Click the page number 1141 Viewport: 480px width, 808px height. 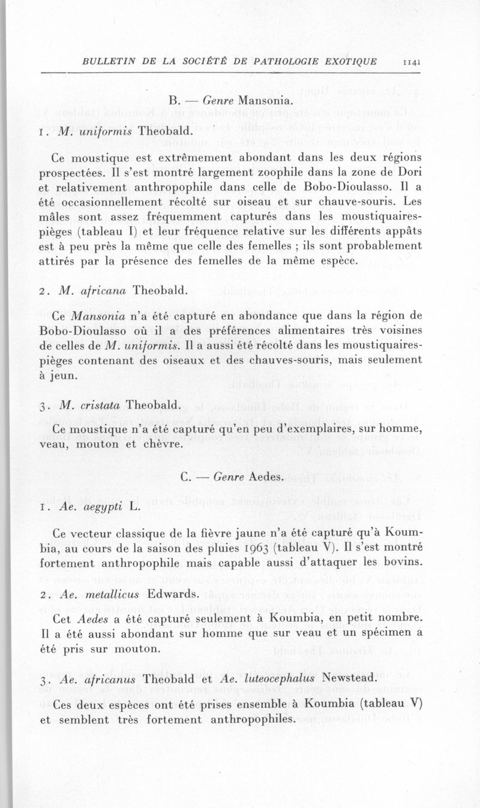pos(412,61)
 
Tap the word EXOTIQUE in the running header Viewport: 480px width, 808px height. pos(349,61)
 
